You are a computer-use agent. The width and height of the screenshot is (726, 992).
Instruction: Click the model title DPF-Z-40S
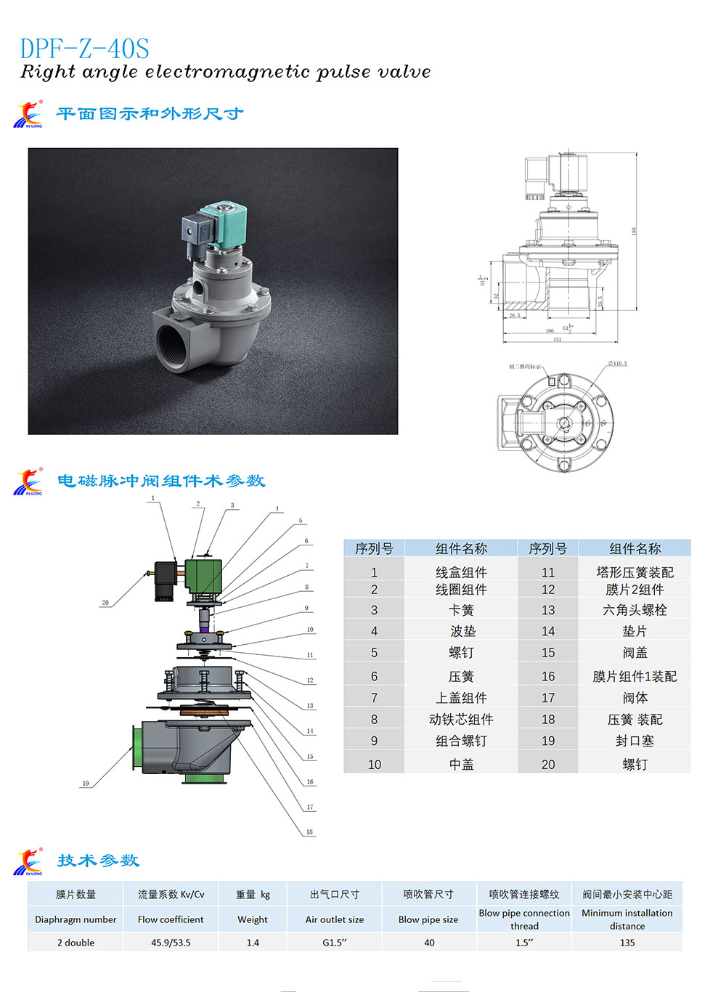click(84, 49)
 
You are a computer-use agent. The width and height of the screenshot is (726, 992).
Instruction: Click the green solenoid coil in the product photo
click(224, 224)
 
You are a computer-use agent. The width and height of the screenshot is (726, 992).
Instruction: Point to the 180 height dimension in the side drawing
click(634, 231)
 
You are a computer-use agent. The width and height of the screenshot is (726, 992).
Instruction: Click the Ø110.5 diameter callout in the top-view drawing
click(617, 363)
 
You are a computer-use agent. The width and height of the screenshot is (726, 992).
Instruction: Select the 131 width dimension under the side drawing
click(557, 340)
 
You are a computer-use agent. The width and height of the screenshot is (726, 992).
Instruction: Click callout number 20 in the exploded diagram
click(105, 603)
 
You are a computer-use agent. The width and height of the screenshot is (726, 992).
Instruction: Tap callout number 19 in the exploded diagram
click(86, 783)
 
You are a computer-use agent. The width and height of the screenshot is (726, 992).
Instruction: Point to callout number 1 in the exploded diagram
click(152, 498)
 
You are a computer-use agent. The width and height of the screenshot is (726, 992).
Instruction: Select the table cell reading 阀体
click(635, 698)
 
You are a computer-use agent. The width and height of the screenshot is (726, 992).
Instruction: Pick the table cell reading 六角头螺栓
click(635, 610)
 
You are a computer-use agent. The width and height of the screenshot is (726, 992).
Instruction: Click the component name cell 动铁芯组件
click(461, 720)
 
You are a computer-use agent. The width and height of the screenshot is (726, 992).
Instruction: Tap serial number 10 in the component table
click(374, 765)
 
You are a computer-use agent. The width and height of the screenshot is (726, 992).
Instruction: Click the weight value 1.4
click(253, 943)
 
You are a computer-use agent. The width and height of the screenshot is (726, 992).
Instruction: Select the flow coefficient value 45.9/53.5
click(171, 943)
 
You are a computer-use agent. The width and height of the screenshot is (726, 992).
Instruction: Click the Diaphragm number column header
click(76, 919)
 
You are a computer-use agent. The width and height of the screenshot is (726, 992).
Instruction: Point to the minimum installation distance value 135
click(627, 943)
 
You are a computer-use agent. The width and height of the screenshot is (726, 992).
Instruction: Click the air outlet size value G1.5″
click(335, 943)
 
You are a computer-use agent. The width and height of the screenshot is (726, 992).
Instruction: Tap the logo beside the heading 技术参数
click(28, 862)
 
